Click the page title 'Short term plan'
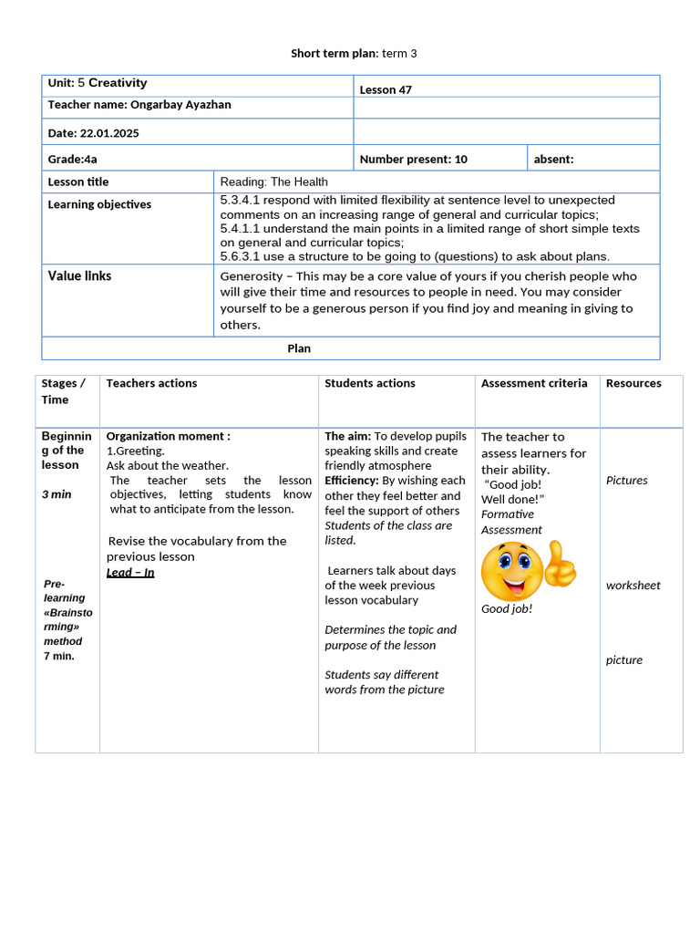333,54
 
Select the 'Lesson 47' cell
386,89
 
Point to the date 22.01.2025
109,133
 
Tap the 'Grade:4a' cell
73,159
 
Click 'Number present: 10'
414,159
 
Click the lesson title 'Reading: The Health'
273,182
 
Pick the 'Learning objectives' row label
99,204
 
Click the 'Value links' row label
80,275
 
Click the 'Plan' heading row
299,348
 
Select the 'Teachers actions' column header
151,383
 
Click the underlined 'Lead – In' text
130,572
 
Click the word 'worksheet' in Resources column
633,586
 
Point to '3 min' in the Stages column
57,494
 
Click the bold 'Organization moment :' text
169,436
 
